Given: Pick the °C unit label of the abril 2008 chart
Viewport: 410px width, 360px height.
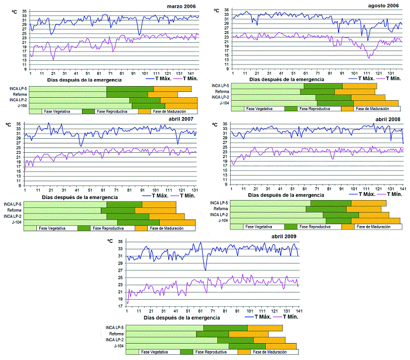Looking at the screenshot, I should [x=216, y=124].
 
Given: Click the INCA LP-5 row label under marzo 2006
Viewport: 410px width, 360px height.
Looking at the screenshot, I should [x=18, y=88].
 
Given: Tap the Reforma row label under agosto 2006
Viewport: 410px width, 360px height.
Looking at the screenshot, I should [x=222, y=92].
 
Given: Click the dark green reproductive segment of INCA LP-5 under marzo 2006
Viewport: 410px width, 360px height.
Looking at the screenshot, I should [x=130, y=88].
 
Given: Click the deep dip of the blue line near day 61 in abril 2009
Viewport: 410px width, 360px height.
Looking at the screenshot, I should [x=205, y=269].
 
